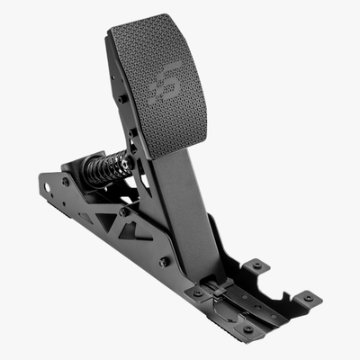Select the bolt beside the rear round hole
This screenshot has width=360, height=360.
click(65, 181)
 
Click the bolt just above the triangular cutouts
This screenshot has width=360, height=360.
click(122, 212)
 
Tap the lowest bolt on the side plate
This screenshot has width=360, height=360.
click(164, 262)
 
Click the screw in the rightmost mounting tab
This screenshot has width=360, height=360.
click(308, 297)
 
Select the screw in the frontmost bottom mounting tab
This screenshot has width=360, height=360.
click(247, 329)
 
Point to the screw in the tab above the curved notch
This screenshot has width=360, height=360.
click(257, 265)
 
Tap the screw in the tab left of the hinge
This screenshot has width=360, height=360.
click(197, 292)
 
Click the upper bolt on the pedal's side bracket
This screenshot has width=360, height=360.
click(122, 99)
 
